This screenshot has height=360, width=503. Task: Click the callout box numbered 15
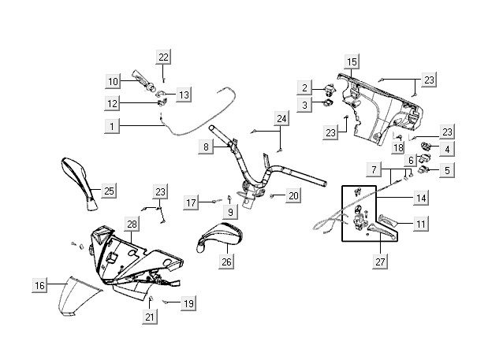click(352, 61)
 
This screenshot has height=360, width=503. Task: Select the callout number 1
click(112, 126)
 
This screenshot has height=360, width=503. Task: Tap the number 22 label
click(163, 57)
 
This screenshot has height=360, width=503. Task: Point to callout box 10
click(113, 81)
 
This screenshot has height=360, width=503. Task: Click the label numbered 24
click(281, 119)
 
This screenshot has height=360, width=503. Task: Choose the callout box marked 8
click(205, 147)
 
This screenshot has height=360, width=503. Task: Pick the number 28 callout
click(132, 225)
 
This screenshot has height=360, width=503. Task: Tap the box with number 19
click(188, 303)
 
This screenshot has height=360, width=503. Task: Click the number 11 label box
click(422, 225)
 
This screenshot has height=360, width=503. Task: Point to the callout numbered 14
click(422, 197)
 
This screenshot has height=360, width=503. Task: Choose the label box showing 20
click(293, 195)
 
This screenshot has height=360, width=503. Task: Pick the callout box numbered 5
click(447, 169)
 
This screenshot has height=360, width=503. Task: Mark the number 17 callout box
click(191, 203)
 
